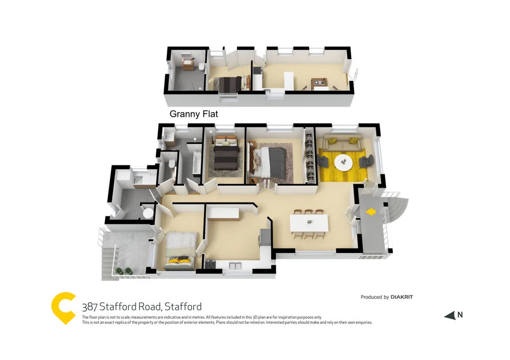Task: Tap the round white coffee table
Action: (x=343, y=163)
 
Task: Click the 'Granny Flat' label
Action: (x=193, y=114)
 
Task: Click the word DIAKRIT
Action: (x=402, y=297)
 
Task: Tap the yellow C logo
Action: (x=64, y=307)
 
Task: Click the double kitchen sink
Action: (x=235, y=265)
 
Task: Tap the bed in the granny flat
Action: (x=226, y=84)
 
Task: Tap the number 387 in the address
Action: (x=90, y=306)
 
